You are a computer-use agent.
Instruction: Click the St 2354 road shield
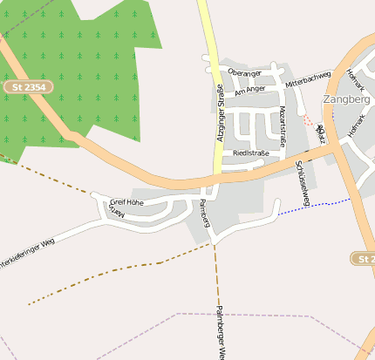pos(29,87)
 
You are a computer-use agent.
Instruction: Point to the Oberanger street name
pos(244,71)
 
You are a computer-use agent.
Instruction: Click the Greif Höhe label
pos(126,202)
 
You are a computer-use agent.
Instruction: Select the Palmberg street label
pos(205,213)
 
